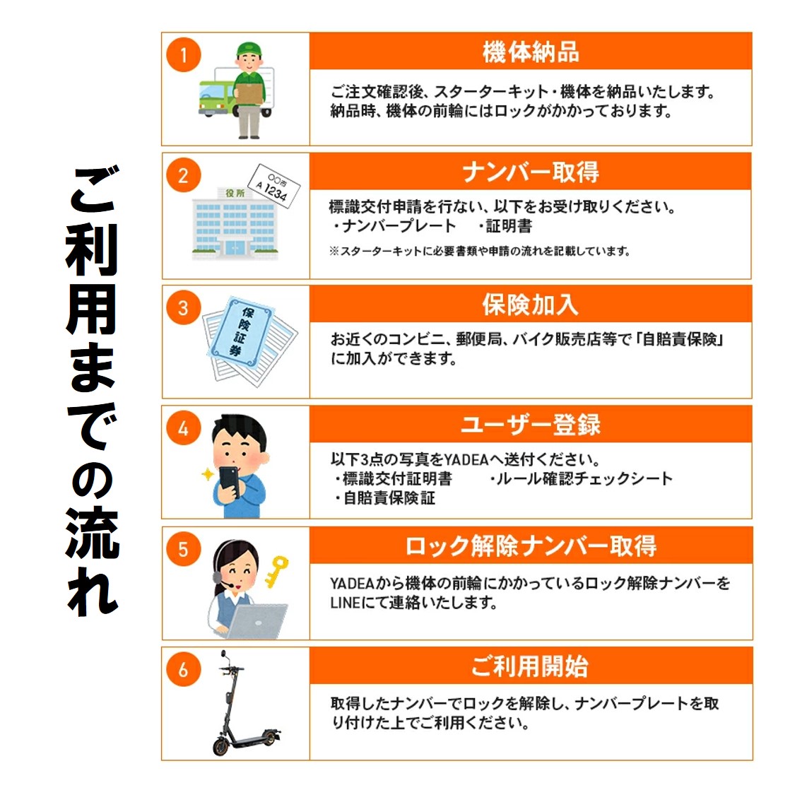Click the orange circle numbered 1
[x=184, y=54]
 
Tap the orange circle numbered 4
[x=184, y=428]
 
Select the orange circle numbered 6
[x=184, y=670]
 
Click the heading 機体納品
[x=531, y=52]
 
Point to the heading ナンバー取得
[x=531, y=172]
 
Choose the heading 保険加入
[x=531, y=305]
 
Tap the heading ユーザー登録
[x=531, y=424]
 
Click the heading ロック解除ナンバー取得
[x=531, y=546]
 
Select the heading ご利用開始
[x=531, y=666]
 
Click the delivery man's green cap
[x=249, y=48]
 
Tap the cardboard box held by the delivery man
[x=249, y=94]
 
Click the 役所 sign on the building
[x=235, y=193]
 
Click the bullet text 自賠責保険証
[x=389, y=498]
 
